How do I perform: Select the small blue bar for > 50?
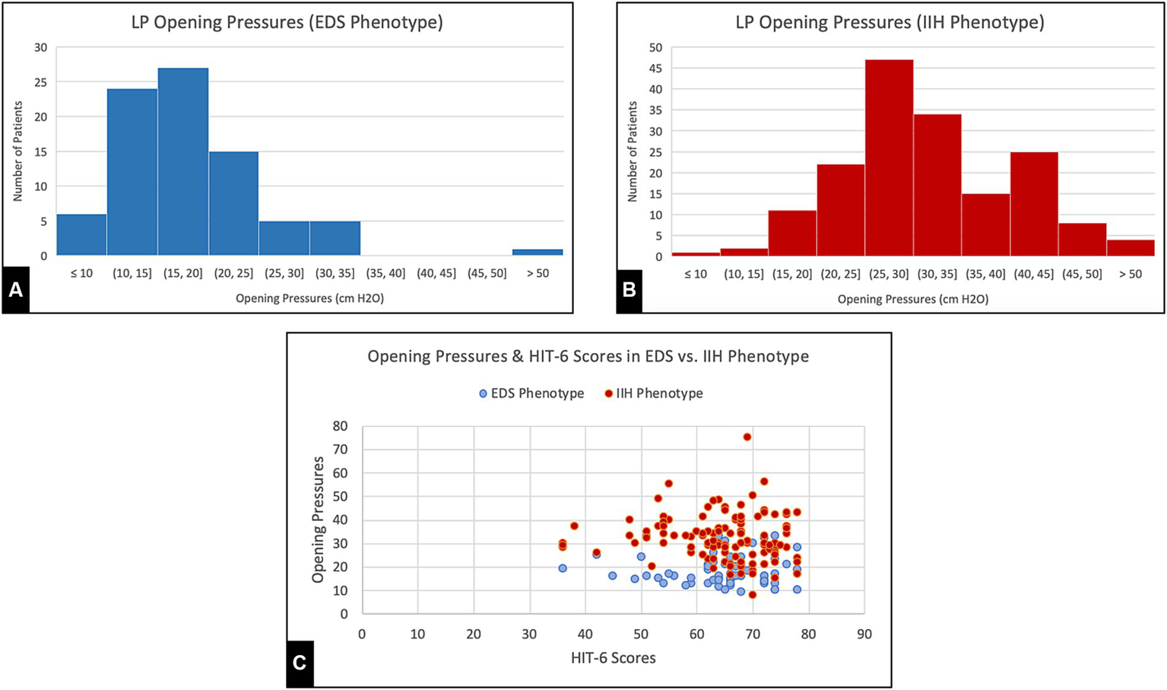[538, 252]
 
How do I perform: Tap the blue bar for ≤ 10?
[81, 234]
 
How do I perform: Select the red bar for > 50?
[1130, 248]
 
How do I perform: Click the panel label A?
[16, 290]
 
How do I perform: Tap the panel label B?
[629, 290]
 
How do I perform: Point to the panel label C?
[300, 663]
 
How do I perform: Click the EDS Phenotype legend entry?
[531, 393]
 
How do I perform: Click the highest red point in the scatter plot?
[747, 437]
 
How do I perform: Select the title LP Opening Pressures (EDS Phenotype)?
[287, 22]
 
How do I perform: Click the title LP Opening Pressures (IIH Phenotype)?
[890, 22]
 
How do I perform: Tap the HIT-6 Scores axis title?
[613, 658]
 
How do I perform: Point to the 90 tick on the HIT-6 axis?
[864, 634]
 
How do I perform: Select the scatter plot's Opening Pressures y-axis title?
[318, 520]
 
